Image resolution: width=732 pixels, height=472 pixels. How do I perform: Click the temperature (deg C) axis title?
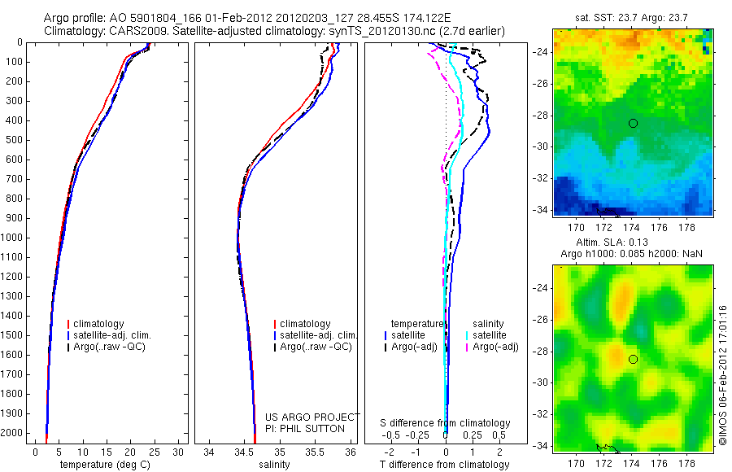point(106,465)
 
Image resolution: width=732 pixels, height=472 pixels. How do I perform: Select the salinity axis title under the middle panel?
point(274,465)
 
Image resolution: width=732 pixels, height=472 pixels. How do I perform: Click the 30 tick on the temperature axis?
point(178,452)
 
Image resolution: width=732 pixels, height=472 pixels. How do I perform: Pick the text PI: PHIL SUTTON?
point(305,429)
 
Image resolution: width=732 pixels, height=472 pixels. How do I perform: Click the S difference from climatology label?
point(445,423)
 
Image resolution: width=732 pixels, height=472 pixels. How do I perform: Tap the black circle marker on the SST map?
point(633,123)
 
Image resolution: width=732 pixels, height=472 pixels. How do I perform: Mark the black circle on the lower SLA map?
point(633,359)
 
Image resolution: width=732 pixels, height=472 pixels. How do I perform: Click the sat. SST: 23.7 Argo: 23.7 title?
point(633,17)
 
